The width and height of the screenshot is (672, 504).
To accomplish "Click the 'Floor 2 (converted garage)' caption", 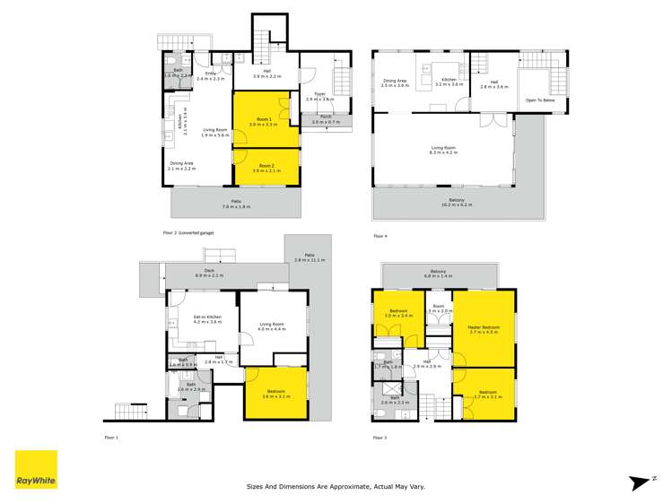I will [x=188, y=232].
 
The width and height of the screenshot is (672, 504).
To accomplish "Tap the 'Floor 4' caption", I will [x=380, y=236].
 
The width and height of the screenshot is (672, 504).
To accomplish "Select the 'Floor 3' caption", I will [x=380, y=438].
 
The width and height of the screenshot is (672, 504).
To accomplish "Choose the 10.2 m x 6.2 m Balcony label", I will [x=457, y=202].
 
